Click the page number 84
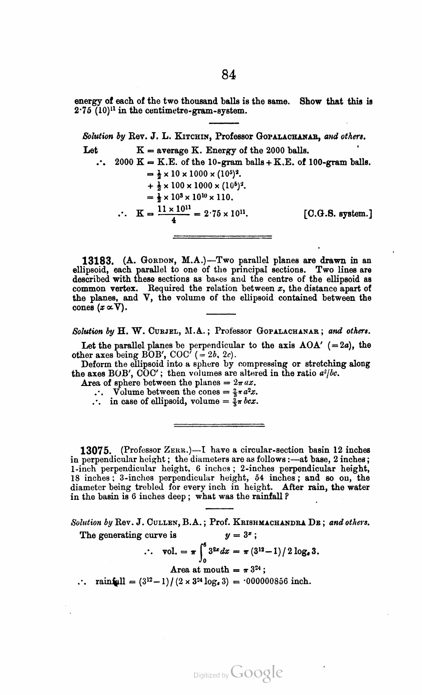coord(229,75)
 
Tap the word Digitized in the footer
coord(207,675)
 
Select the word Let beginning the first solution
coord(90,150)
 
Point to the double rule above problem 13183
coord(222,236)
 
